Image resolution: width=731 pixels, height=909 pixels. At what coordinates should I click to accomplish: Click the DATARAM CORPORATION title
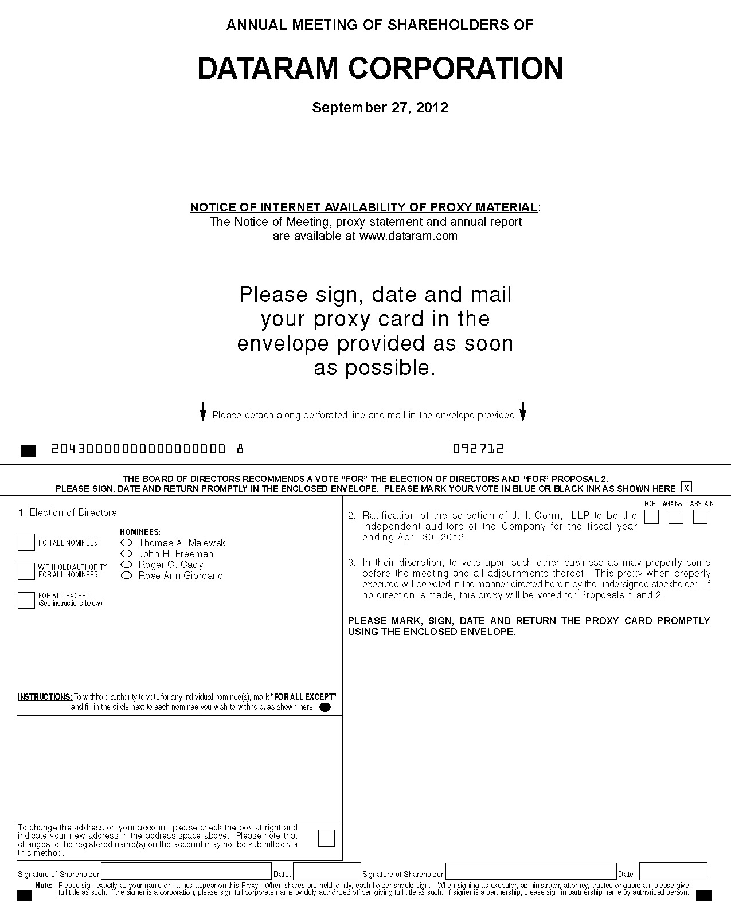click(x=380, y=68)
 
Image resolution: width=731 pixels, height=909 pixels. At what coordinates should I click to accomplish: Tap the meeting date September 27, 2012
click(x=380, y=108)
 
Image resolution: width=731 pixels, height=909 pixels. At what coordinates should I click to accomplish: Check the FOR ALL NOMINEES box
click(x=26, y=542)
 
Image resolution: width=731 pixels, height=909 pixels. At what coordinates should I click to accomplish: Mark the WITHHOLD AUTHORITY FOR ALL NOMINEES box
click(x=26, y=571)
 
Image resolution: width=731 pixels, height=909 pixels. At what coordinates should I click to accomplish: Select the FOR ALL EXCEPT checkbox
click(x=26, y=600)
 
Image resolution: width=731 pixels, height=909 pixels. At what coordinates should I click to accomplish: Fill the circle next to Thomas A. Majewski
click(x=127, y=543)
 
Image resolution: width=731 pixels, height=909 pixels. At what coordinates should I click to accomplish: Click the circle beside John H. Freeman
click(x=127, y=554)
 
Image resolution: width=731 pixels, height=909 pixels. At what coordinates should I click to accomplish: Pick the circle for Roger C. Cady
click(x=127, y=565)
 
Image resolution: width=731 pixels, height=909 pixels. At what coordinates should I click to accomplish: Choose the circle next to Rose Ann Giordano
click(x=127, y=575)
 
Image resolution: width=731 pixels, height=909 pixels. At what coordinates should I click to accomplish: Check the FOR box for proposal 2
click(x=651, y=516)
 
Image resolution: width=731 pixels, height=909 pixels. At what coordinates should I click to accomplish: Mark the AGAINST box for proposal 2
click(x=676, y=516)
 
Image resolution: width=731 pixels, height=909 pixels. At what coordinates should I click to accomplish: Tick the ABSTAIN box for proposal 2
click(x=700, y=516)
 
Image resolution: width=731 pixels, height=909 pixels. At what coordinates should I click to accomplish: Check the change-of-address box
click(x=326, y=838)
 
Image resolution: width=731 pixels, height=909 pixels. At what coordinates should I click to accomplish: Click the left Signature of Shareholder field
click(x=186, y=871)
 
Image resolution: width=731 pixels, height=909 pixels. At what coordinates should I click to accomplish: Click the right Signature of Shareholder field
click(x=531, y=871)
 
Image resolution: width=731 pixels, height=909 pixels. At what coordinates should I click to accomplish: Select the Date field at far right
click(x=673, y=871)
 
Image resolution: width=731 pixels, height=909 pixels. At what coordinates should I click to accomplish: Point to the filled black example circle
click(x=325, y=707)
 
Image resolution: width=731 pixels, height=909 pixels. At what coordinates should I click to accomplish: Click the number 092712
click(x=478, y=449)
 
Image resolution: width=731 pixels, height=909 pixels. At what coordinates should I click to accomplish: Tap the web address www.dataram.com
click(x=408, y=236)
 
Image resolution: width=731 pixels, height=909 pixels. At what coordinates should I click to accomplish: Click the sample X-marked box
click(x=686, y=488)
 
